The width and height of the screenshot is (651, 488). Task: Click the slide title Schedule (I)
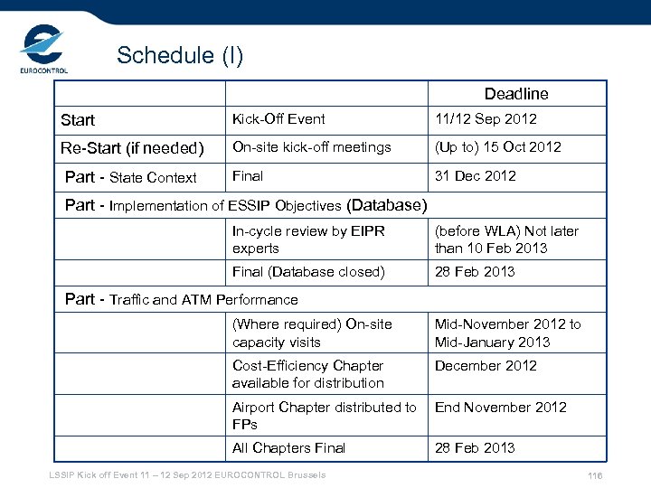[x=180, y=56]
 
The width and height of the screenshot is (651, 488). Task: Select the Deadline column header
[x=515, y=94]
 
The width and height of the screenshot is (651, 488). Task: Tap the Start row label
[x=78, y=120]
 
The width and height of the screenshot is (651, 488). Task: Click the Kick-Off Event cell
[x=278, y=119]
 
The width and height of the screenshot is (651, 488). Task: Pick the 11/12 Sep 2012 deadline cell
[x=485, y=119]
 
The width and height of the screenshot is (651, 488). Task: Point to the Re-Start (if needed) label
[x=132, y=147]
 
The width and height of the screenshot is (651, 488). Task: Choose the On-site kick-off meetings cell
[x=311, y=147]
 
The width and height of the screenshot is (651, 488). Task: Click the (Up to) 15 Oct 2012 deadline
[x=497, y=147]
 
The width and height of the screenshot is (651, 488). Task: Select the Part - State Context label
[x=131, y=177]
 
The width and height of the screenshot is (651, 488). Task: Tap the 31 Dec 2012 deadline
[x=475, y=176]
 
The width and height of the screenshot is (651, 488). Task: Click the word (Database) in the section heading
[x=386, y=205]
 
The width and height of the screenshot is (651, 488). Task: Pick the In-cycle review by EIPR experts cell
[x=308, y=239]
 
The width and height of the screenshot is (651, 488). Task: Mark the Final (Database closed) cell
[x=307, y=272]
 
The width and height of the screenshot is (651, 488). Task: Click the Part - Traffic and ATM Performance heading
[x=182, y=299]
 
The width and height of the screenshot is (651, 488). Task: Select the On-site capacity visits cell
[x=312, y=333]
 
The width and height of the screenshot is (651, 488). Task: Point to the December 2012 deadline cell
[x=486, y=366]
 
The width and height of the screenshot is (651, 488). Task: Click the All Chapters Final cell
[x=288, y=448]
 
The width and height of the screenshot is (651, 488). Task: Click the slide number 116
[x=594, y=477]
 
